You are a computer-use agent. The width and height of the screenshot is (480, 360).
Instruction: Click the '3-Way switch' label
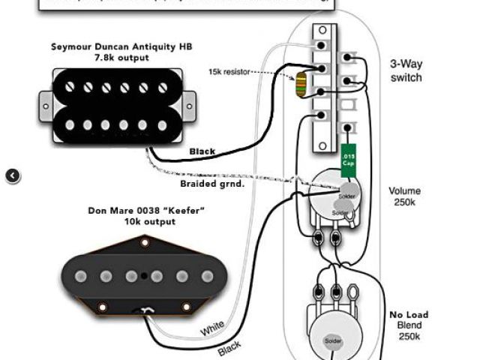[x=406, y=70]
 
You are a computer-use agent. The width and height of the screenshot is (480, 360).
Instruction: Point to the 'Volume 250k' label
[x=405, y=197]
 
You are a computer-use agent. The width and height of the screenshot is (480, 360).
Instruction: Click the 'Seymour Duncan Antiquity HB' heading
[x=121, y=46]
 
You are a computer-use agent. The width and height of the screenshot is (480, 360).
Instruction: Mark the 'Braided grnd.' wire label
[x=212, y=182]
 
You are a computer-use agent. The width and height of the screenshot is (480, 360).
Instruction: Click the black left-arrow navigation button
[x=13, y=175]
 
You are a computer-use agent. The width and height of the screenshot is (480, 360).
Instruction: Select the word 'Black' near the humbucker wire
[x=202, y=151]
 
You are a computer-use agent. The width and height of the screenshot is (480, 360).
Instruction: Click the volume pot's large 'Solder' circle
[x=346, y=193]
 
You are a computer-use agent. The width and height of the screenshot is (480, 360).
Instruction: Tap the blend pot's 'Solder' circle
[x=332, y=341]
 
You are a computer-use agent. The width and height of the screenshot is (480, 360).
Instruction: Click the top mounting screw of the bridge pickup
[x=145, y=242]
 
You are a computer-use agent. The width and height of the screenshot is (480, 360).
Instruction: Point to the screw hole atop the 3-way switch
[x=322, y=30]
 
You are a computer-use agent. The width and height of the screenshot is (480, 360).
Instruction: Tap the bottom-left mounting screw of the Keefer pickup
[x=100, y=305]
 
